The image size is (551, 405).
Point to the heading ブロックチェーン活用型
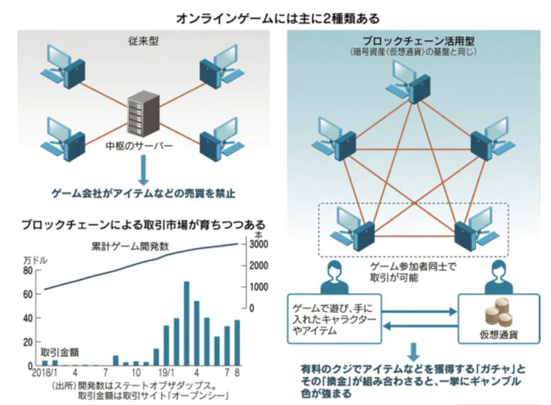[413, 42]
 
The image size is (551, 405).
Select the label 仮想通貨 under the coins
[500, 336]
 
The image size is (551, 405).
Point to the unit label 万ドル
[37, 261]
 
